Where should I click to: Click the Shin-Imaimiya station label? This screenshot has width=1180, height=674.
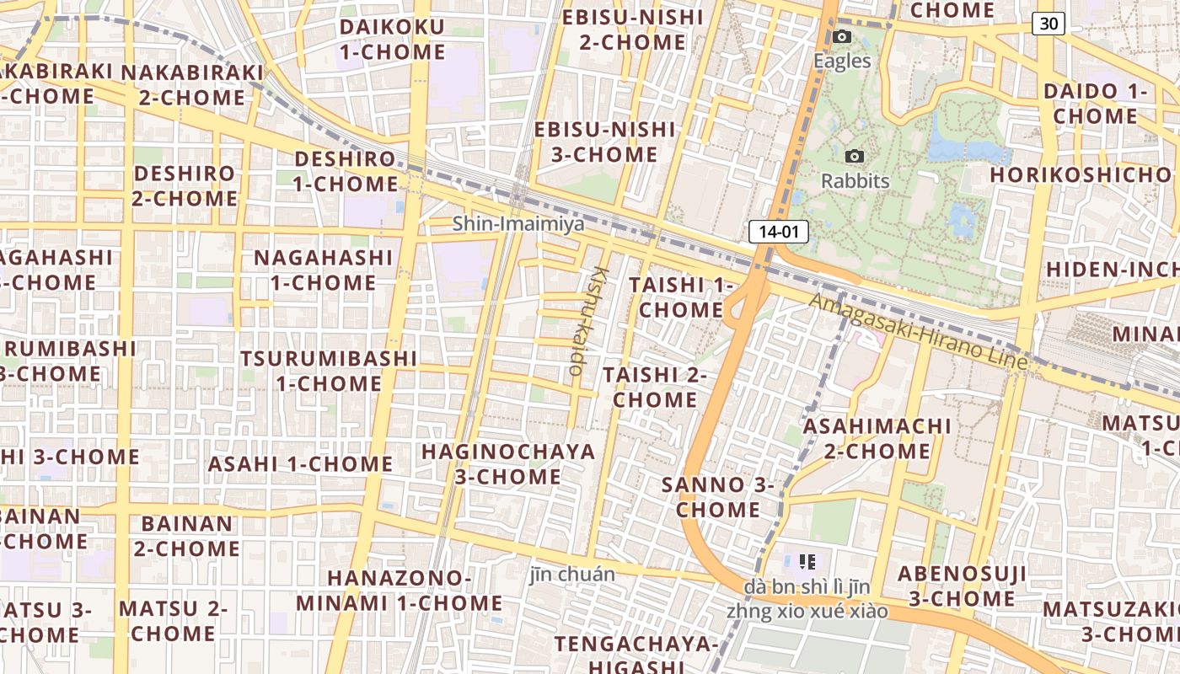coord(518,224)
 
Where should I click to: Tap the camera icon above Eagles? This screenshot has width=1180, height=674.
coord(841,36)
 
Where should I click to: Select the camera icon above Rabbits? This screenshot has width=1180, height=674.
coord(854,156)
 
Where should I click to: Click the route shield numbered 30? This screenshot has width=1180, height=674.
coord(1048,24)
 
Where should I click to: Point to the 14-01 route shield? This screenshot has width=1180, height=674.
coord(778,232)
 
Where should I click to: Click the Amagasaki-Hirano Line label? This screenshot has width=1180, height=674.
coord(918,331)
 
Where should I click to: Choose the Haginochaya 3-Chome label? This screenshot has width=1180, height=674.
coord(508,463)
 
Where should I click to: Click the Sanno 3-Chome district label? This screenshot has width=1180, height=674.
coord(718,497)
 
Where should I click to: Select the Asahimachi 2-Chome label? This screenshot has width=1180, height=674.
coord(877,438)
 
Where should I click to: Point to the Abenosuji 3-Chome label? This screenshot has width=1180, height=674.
coord(962,586)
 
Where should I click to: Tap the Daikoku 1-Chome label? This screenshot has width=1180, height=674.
coord(392,39)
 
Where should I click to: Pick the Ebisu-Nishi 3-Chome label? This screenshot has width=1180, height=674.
coord(604,142)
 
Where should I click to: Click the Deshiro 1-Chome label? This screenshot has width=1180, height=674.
coord(346,171)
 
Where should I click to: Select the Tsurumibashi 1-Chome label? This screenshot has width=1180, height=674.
coord(329,371)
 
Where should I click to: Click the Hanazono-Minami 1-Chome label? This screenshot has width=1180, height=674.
coord(399,591)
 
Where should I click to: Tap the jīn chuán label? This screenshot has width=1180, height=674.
coord(572,575)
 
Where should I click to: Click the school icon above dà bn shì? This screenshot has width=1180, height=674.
coord(807,561)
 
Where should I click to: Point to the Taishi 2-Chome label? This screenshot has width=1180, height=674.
coord(655,387)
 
